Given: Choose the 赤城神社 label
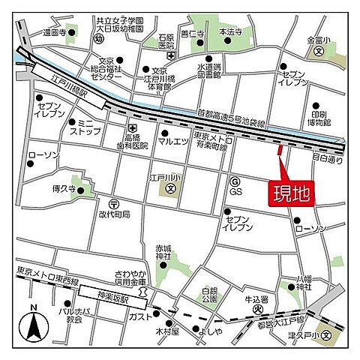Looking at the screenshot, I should tap(163, 252).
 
